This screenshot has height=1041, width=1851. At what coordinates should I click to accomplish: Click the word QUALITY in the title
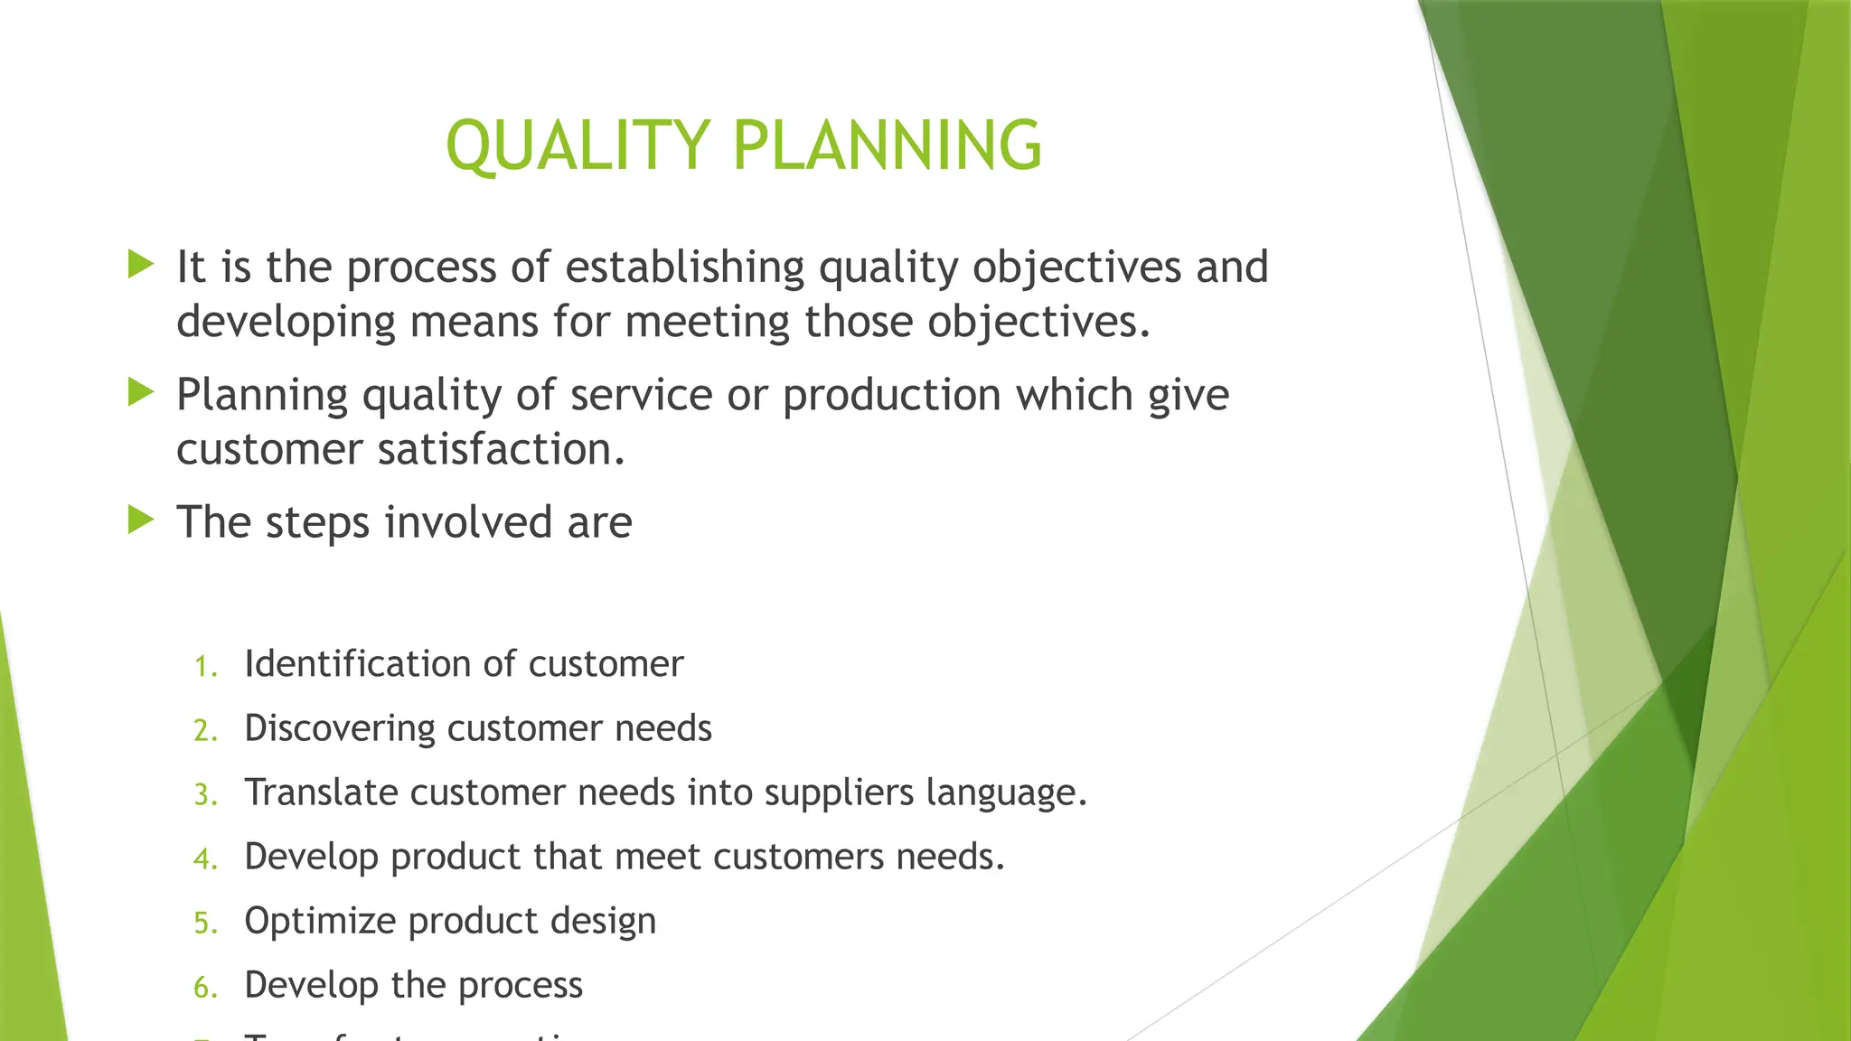point(578,145)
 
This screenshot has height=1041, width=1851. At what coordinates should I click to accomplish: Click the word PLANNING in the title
point(888,145)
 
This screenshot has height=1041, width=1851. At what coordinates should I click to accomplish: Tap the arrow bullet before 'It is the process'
point(141,265)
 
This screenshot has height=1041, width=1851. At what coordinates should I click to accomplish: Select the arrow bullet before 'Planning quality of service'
point(141,392)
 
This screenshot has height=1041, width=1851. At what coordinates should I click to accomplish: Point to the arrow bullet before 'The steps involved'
point(141,520)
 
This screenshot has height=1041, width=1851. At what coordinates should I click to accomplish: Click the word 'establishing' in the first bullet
point(684,267)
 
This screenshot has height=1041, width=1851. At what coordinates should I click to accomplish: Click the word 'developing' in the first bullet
point(286,323)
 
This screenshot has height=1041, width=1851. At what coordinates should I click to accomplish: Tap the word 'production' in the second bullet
point(891,396)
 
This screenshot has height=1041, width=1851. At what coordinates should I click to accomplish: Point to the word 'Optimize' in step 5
point(320,922)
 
